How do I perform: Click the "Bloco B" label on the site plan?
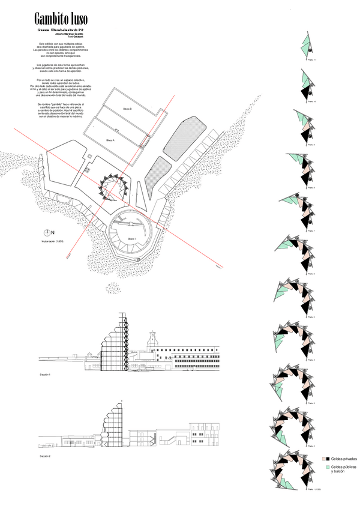(x=127, y=108)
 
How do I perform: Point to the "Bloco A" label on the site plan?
(x=110, y=140)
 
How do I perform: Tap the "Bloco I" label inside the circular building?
(x=131, y=239)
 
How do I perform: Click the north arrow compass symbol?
(x=47, y=232)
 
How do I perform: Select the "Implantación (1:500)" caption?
(x=52, y=241)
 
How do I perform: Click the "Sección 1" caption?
(x=46, y=375)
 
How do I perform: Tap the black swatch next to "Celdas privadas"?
(x=328, y=459)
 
